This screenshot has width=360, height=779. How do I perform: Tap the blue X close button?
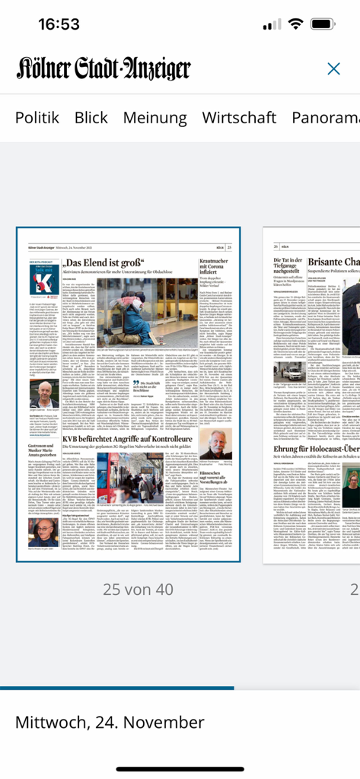point(333,69)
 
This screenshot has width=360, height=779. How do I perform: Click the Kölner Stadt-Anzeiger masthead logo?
point(104,69)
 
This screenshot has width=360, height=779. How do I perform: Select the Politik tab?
point(37,118)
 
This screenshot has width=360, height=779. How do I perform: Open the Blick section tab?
point(91,118)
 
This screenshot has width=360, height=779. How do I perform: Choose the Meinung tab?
point(155,118)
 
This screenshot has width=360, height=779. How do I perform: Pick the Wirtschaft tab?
point(239,118)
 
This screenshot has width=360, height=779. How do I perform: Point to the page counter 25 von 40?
point(128,589)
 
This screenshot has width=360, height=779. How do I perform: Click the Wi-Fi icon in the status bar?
point(295,24)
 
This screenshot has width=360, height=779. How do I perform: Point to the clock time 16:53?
point(59,24)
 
